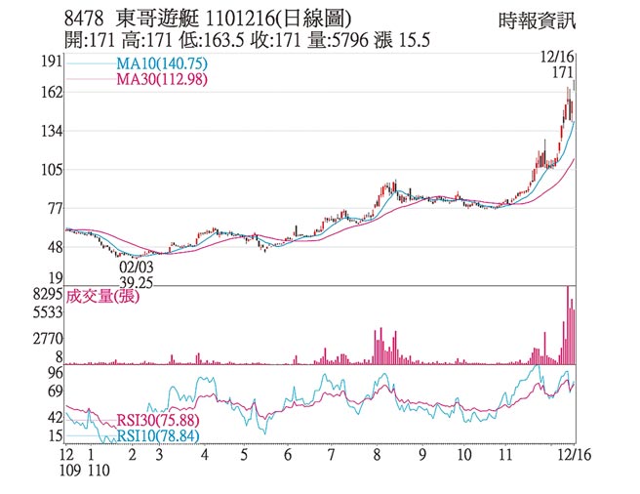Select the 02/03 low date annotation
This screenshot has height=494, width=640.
136,265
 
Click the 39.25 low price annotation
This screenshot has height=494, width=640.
137,280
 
